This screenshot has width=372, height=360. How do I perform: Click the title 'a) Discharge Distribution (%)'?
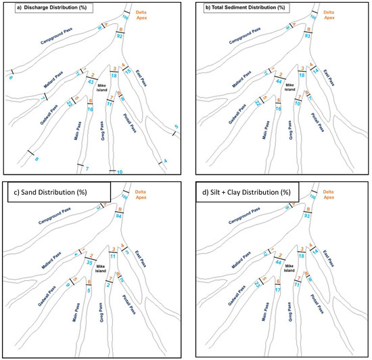pos(48,8)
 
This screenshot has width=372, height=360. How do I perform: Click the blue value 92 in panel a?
pos(119,37)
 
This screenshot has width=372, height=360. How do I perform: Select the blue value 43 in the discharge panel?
pos(90,81)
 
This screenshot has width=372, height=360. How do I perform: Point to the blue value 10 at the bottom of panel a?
pos(120,173)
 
